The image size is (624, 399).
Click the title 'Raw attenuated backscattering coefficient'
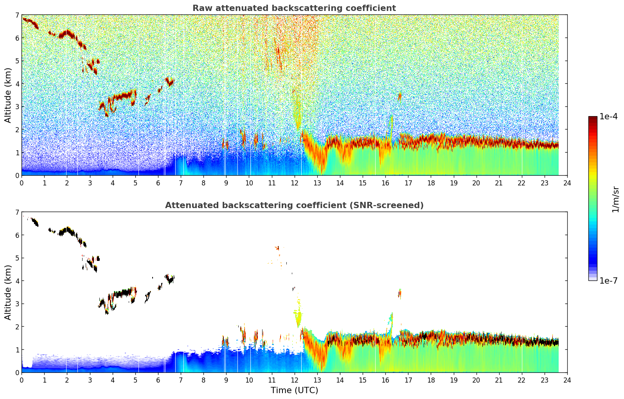tap(294, 8)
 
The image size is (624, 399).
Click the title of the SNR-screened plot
tap(294, 205)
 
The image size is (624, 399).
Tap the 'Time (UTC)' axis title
tap(294, 390)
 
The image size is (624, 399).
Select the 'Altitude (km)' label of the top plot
tap(8, 95)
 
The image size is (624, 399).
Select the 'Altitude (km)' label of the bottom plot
tap(8, 292)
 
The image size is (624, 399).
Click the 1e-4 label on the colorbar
tap(609, 117)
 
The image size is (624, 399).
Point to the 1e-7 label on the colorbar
tap(609, 280)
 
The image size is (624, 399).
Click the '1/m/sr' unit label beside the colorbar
tap(615, 199)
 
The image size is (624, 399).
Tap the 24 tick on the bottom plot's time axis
tap(567, 380)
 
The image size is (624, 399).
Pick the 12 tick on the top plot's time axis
tap(294, 183)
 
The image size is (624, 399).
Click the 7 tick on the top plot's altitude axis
tap(17, 15)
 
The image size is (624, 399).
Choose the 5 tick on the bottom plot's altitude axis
tap(17, 258)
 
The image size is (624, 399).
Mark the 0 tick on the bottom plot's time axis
tap(22, 380)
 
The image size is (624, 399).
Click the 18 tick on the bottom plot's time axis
tap(431, 380)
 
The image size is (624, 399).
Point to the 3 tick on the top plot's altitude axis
tap(17, 107)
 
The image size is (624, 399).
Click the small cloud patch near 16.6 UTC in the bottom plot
tap(399, 293)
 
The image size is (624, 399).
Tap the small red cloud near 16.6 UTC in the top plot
tap(399, 96)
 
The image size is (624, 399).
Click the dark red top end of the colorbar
tap(593, 119)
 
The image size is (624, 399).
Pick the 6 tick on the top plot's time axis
tap(158, 183)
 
